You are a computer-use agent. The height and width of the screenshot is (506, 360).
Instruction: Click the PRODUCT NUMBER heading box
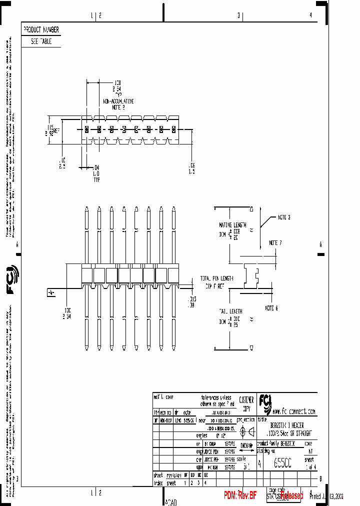(41, 30)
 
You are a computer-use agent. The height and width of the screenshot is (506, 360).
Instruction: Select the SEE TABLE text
(41, 42)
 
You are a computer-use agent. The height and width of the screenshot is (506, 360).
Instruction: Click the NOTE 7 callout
(275, 243)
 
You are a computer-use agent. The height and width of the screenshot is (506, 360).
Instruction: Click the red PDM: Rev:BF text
(240, 495)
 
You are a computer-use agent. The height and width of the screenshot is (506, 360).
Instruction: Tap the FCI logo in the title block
(264, 400)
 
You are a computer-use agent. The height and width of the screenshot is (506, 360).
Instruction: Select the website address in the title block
(294, 411)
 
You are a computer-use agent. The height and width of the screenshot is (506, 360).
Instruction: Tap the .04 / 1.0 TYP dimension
(96, 173)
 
